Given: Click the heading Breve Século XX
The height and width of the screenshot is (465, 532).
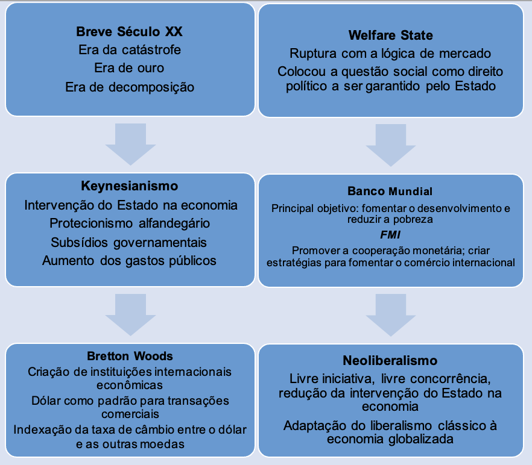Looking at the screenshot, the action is point(129,31).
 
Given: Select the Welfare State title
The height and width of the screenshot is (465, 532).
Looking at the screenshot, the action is point(390,36).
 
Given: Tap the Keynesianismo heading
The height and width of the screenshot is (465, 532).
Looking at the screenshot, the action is point(130,186).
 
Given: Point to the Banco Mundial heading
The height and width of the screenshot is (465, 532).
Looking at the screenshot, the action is point(390,191).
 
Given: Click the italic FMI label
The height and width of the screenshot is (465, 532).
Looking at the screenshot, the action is point(390,234).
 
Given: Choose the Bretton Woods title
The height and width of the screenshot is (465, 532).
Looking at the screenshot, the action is point(130,356).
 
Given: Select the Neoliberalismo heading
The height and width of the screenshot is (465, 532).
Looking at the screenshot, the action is point(390,360).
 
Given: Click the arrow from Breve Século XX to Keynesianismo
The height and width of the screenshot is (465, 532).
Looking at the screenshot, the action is point(131,144).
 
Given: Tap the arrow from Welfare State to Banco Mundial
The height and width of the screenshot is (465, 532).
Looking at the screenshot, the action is point(391,145).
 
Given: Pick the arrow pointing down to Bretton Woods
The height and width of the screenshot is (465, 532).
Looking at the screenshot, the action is point(131,315).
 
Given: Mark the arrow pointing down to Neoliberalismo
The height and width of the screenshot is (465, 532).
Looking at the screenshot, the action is point(391,315).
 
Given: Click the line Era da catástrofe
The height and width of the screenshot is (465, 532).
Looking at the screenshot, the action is point(130,50).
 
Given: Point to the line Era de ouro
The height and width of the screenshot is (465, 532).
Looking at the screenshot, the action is point(129,68).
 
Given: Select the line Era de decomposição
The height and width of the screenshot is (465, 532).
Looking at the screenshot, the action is point(130,87).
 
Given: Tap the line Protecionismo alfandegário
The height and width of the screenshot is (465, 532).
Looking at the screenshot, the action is point(130,223).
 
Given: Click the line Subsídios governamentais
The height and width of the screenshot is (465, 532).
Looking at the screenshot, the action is point(128,243).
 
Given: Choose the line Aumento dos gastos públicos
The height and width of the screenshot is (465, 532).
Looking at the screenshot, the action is point(129,261).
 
